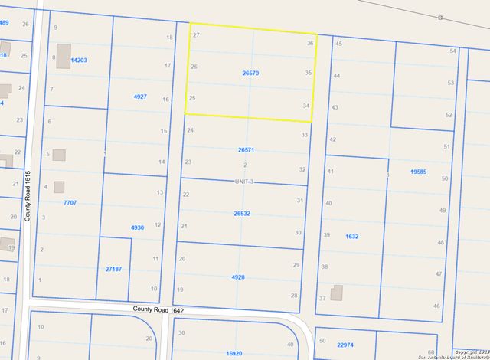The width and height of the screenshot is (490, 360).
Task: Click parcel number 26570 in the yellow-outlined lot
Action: point(250,73)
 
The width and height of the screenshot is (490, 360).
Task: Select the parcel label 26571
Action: point(246,150)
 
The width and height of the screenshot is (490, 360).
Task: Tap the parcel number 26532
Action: point(242,214)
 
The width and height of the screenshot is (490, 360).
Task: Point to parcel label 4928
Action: point(238,277)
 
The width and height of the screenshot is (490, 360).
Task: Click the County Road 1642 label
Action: point(158,309)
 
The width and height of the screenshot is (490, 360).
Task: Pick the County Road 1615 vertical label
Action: point(27,196)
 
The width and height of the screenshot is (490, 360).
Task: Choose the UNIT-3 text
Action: point(243,181)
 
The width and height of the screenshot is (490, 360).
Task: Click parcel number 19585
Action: point(418,172)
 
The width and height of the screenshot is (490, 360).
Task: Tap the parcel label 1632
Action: point(351,237)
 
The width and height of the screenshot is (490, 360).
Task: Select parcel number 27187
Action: point(113,269)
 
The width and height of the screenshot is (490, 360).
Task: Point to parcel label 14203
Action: point(78,59)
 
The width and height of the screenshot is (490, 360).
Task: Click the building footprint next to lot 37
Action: point(337,294)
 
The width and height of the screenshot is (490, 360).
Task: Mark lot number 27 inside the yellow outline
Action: point(197,36)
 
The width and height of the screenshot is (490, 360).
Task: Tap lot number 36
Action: point(309,44)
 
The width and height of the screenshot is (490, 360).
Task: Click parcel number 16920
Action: point(234,353)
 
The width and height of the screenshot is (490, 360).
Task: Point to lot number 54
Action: point(452,51)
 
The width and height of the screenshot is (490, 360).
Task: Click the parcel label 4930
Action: point(138,227)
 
